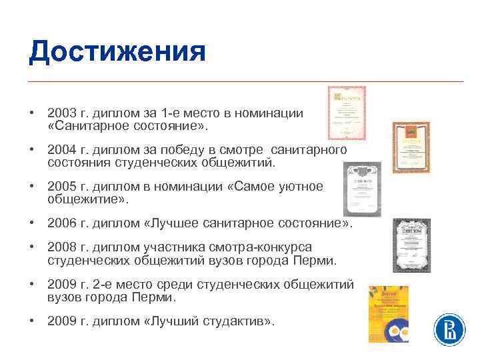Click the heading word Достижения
(117, 51)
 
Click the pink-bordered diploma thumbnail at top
(347, 113)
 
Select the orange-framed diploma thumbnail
(411, 147)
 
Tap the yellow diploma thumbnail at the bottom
(388, 313)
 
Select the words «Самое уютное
(275, 187)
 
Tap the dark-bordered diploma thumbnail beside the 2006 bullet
(411, 245)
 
